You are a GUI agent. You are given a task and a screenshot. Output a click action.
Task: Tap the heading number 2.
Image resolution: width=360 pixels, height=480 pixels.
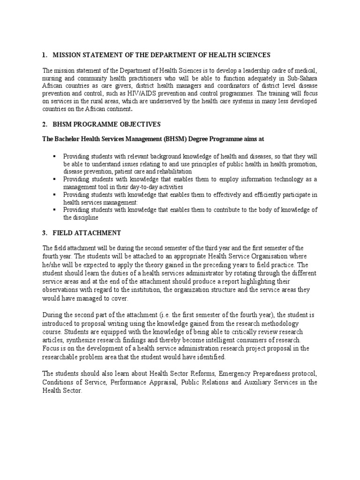(44, 124)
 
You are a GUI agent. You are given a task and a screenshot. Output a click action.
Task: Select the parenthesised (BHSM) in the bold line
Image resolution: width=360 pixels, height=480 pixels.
(175, 139)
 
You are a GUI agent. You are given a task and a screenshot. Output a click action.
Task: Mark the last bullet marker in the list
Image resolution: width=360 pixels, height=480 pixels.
(55, 210)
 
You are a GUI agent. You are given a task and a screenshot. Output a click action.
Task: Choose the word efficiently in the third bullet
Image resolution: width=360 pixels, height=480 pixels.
(238, 194)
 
